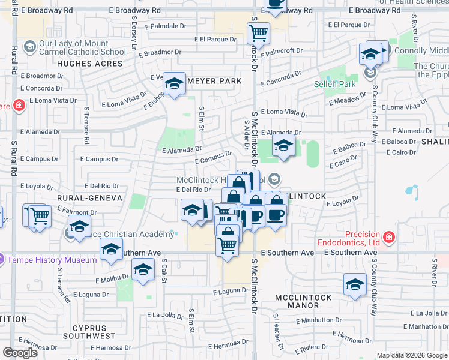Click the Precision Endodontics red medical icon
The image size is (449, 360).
(389, 238)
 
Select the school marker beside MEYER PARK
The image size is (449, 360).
(174, 84)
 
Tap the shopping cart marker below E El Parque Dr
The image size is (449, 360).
(258, 32)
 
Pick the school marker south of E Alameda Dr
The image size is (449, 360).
(283, 144)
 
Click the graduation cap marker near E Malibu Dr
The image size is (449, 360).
(142, 269)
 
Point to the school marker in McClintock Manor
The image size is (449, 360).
(355, 283)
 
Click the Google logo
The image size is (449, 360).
(20, 353)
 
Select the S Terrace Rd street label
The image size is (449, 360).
(86, 124)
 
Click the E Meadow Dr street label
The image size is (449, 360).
(347, 99)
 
